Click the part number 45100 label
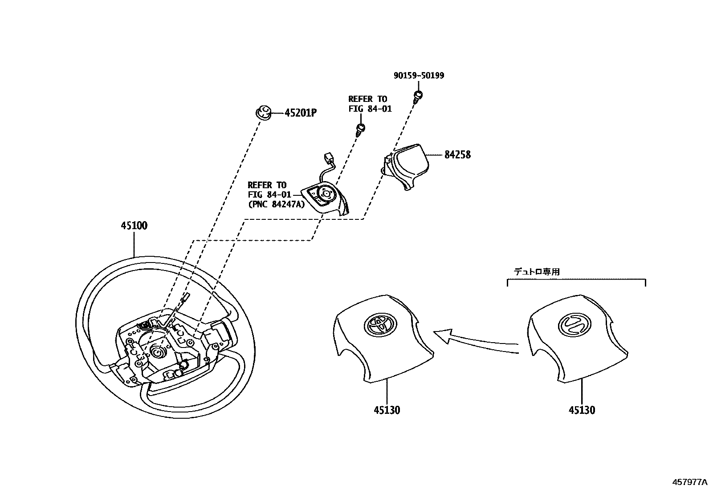pos(134,226)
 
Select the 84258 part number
pos(457,155)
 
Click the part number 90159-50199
pos(419,76)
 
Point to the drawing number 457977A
pos(689,482)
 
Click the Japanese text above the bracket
pos(537,272)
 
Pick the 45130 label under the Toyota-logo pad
pos(387,410)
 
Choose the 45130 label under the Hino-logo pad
pos(582,410)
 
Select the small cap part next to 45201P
pos(263,112)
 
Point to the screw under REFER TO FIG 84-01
pos(361,129)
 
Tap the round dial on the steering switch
pos(326,194)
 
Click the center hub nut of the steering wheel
pos(157,352)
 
